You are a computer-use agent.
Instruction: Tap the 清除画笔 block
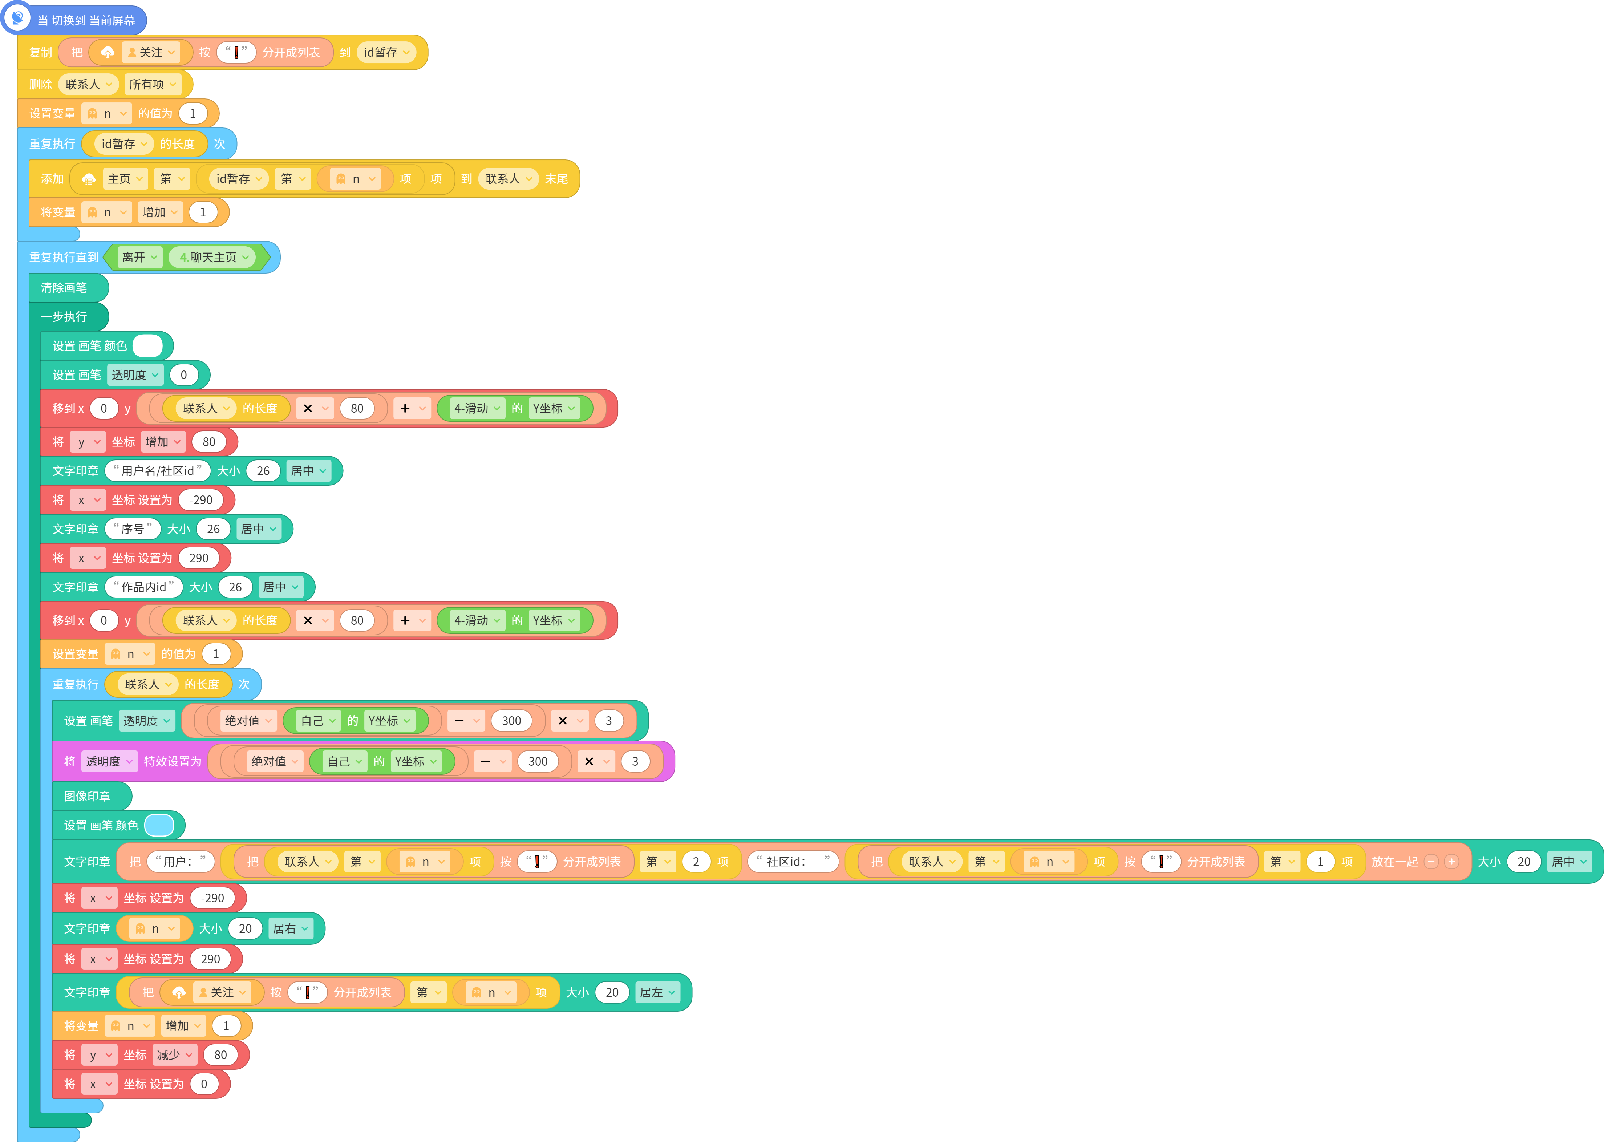pos(64,288)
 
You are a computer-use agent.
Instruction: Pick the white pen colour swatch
pos(148,346)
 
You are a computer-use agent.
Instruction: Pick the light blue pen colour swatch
pos(159,825)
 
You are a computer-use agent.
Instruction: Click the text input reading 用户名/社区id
pos(158,470)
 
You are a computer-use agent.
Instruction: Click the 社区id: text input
pos(793,862)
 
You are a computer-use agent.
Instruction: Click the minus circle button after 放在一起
pos(1431,862)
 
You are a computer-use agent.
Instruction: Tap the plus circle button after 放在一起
pos(1451,862)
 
